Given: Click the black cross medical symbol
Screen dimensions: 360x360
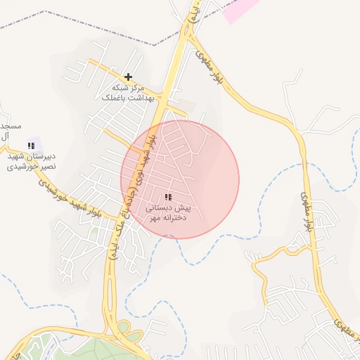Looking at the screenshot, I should (x=128, y=77).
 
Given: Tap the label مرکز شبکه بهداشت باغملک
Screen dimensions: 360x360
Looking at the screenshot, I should (x=124, y=93).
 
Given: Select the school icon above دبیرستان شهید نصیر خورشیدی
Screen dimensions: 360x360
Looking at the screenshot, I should (x=30, y=146).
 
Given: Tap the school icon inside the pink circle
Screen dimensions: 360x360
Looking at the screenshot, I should (x=167, y=198).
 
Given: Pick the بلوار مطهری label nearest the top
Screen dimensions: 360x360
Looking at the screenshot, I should (x=218, y=69).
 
